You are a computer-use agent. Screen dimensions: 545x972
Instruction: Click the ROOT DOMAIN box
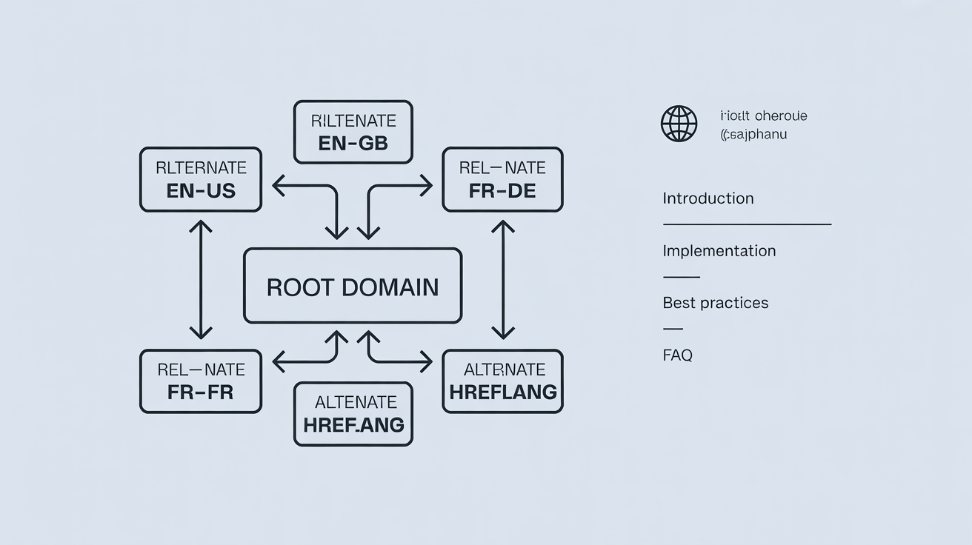pos(353,286)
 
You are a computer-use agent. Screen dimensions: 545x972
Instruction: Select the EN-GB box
pos(353,132)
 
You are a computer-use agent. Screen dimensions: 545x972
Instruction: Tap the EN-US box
pos(201,179)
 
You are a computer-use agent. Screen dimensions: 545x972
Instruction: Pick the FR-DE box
pos(502,179)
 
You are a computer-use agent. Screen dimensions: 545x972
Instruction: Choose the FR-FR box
pos(201,381)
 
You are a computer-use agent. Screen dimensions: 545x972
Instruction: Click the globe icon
pos(679,124)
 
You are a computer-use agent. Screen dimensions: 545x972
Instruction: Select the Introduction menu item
pos(708,198)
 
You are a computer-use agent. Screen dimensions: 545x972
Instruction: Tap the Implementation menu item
pos(719,251)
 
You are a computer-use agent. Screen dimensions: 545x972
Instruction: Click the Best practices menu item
pos(715,303)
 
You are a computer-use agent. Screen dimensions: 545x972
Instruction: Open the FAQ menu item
pos(677,355)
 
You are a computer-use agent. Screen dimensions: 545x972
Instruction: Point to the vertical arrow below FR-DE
pos(503,280)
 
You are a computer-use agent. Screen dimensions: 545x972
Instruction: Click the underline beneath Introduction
pos(746,224)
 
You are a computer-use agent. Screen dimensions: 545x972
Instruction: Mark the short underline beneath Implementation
pos(681,276)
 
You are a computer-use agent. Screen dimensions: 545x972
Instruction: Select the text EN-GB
pos(353,144)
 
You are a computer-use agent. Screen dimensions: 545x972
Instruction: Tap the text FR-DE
pos(502,190)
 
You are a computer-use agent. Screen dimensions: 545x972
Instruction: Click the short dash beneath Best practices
pos(672,328)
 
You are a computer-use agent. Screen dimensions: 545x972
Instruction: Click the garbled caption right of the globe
pos(762,125)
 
